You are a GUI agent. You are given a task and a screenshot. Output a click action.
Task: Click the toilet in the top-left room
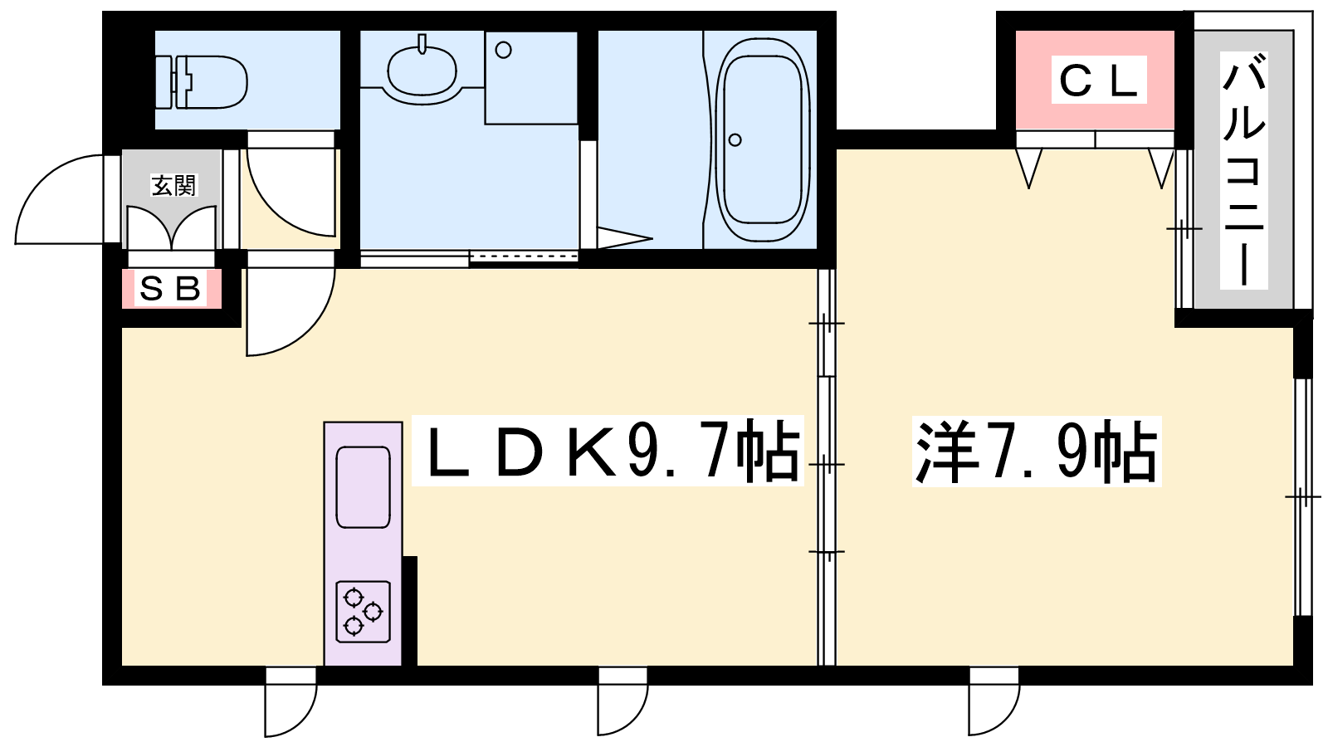pyautogui.click(x=202, y=82)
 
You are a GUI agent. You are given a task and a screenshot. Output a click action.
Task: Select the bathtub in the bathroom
pyautogui.click(x=763, y=140)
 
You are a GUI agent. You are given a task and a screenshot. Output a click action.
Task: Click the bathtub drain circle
pyautogui.click(x=735, y=140)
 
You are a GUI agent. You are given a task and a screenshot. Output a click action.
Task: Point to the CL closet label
pyautogui.click(x=1099, y=80)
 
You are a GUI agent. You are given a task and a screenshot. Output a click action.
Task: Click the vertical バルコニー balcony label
pyautogui.click(x=1243, y=170)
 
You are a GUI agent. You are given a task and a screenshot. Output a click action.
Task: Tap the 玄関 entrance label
pyautogui.click(x=173, y=186)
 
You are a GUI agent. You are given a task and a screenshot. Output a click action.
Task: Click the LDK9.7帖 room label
pyautogui.click(x=608, y=451)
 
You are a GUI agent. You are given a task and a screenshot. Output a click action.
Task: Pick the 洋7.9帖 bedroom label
pyautogui.click(x=1037, y=452)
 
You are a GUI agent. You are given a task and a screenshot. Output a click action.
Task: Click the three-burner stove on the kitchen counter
pyautogui.click(x=363, y=611)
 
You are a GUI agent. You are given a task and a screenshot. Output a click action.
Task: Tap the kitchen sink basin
pyautogui.click(x=363, y=487)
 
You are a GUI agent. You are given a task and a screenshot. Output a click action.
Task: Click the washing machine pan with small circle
pyautogui.click(x=531, y=78)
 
